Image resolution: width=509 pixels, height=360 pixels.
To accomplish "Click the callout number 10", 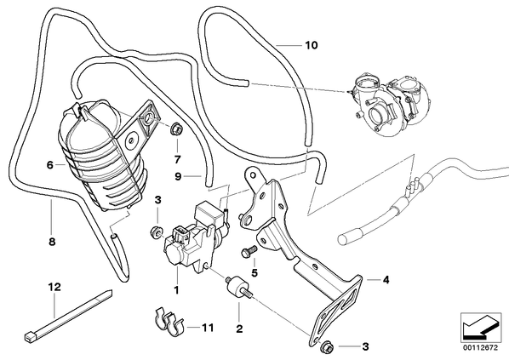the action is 312,45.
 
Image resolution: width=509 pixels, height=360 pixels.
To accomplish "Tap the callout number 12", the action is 54,287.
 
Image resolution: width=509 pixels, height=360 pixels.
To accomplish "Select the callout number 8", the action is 52,242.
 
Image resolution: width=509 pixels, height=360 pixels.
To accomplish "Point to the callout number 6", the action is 49,165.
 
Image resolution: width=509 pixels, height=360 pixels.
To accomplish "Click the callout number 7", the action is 177,160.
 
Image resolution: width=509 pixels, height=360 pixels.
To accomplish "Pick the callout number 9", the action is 178,176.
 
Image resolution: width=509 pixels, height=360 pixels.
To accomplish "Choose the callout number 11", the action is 208,328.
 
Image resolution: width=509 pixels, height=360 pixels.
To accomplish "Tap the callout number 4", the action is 386,279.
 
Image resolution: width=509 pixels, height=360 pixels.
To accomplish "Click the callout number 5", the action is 254,273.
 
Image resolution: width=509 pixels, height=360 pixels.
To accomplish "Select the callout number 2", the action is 239,329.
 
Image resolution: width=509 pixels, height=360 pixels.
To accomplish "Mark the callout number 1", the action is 176,290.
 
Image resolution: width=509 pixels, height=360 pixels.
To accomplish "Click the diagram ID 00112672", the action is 480,348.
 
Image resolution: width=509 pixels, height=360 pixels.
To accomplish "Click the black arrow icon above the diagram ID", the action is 481,328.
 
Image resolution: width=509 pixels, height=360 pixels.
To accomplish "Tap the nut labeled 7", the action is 176,129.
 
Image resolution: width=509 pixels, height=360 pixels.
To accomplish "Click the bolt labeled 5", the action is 249,251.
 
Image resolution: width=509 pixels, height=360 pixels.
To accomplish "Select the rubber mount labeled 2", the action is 238,285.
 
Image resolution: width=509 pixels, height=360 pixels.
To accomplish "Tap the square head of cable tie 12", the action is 29,337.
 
